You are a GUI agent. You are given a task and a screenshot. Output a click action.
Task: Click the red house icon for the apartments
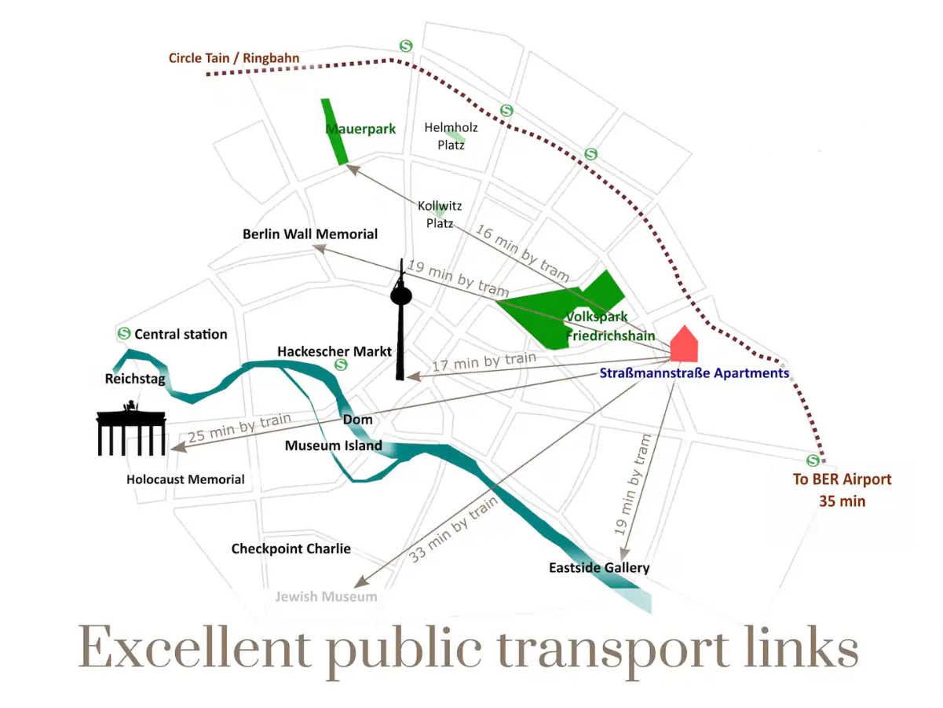pos(684,343)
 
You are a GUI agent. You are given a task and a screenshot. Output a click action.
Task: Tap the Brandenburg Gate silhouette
pos(130,428)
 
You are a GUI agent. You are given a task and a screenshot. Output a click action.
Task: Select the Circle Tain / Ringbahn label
pos(234,58)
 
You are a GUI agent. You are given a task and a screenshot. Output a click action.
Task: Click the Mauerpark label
pos(360,129)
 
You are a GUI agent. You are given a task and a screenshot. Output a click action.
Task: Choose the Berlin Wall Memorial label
pos(310,234)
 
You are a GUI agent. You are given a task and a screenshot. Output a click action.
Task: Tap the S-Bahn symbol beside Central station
pos(124,333)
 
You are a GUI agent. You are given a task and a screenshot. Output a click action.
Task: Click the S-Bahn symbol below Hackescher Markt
pos(341,365)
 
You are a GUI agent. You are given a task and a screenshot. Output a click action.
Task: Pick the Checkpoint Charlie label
pos(291,548)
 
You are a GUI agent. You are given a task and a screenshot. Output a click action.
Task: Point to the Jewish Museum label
pos(326,596)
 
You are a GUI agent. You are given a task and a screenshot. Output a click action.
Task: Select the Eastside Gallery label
pos(599,567)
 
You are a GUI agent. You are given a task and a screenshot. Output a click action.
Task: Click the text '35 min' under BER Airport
pos(842,501)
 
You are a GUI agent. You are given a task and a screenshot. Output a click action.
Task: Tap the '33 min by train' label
pos(453,530)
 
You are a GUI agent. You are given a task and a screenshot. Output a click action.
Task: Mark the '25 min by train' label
pos(239,427)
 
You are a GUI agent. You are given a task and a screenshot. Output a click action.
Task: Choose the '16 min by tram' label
pos(522,252)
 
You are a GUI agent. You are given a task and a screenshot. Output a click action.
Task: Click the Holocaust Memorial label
pos(185,479)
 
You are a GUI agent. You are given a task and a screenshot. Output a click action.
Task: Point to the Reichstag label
pos(135,379)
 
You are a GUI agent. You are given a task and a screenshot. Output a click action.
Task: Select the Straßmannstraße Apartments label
pos(694,372)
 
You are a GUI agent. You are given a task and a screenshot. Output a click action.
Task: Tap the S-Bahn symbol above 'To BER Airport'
pos(813,460)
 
